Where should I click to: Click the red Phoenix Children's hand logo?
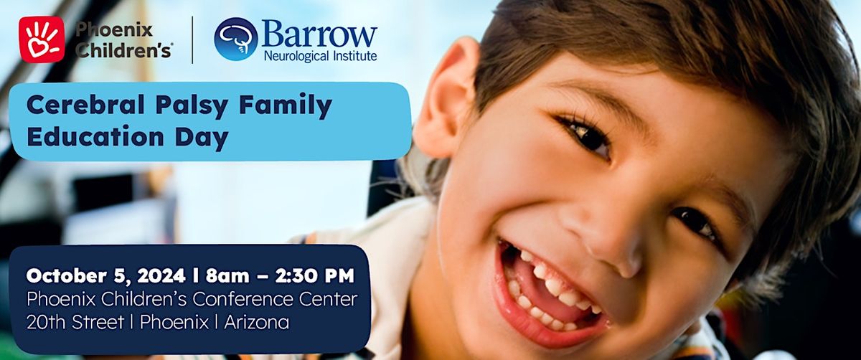point(42,39)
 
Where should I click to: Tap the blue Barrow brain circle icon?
point(235,39)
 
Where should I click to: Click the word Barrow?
point(320,34)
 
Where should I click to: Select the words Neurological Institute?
point(320,57)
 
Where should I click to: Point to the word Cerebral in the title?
point(85,105)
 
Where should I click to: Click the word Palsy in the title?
point(192,105)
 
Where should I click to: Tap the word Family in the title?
point(286,105)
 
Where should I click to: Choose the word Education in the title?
point(95,137)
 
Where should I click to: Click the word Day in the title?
point(202,138)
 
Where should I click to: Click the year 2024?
point(161,276)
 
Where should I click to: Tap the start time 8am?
point(227,276)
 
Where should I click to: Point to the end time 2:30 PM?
point(314,276)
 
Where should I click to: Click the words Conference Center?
point(275,299)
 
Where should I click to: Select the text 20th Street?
point(75,322)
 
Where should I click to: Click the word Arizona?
point(256,322)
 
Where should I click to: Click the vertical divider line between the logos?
point(192,39)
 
